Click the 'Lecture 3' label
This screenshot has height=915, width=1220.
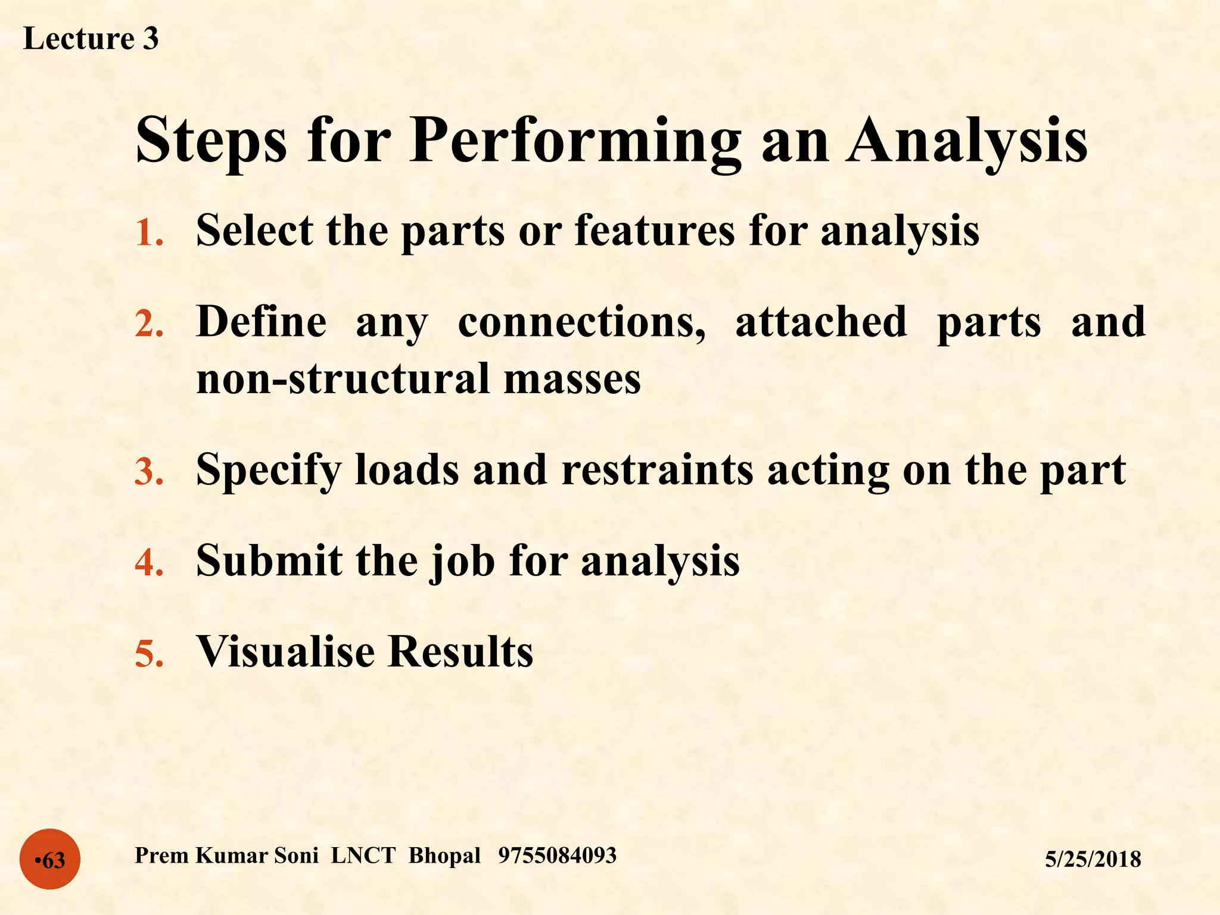[x=91, y=39]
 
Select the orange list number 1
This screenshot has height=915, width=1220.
[x=149, y=232]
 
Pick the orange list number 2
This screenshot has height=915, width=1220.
[x=149, y=324]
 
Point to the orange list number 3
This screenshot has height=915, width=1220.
[x=149, y=472]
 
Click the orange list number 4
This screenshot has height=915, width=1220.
[x=149, y=562]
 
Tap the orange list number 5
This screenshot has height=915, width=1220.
[x=149, y=653]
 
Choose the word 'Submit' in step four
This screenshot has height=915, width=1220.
[x=269, y=560]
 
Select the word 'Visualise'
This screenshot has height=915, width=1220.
[x=285, y=651]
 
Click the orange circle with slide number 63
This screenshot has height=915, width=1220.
[x=50, y=859]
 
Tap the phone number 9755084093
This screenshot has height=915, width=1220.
[x=557, y=855]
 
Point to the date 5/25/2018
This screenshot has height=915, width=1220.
[x=1093, y=859]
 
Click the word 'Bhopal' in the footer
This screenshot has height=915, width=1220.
[x=444, y=855]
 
